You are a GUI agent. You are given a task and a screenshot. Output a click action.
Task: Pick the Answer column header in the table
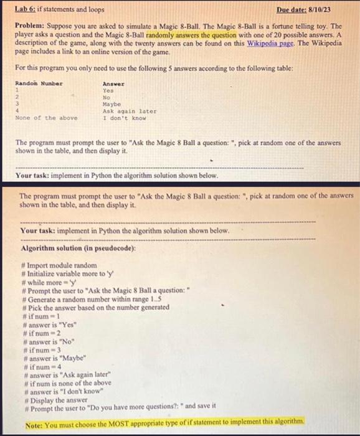pos(113,83)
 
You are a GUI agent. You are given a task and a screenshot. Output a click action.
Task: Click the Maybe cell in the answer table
pos(111,104)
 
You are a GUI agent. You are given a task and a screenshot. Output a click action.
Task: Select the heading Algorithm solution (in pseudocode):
pos(78,248)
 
